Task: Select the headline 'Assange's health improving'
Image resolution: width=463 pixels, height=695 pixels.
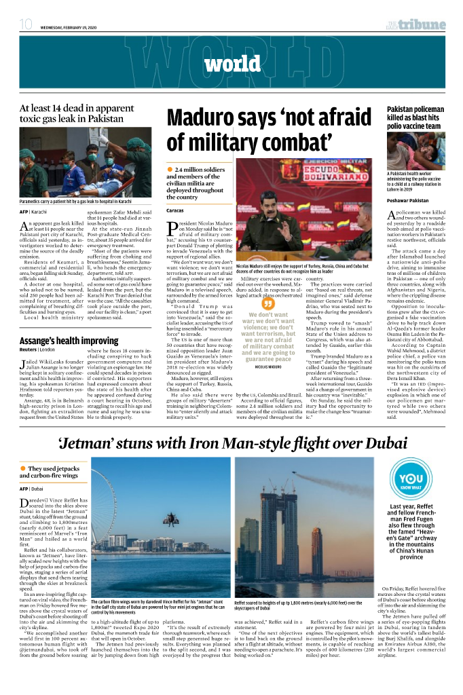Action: (69, 341)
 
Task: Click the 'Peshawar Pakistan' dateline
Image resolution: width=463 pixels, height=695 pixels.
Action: (407, 201)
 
